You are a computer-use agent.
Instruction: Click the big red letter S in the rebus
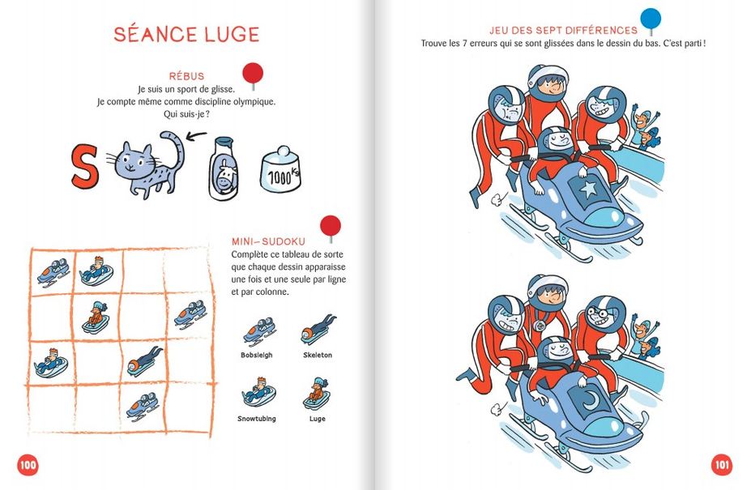coord(85,166)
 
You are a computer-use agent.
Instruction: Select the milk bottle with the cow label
coord(223,168)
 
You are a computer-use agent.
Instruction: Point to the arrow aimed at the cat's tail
coord(196,137)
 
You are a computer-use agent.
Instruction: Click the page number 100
coord(28,464)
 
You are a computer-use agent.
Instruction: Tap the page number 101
coord(722,464)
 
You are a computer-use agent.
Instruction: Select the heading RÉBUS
coord(186,76)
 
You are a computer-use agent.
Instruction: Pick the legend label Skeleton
coord(318,355)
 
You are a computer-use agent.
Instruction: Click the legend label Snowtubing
coord(257,419)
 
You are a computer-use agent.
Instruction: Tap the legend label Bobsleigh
coord(257,355)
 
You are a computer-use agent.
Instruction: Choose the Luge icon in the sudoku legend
coord(317,394)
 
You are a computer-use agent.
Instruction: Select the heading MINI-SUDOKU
coord(268,241)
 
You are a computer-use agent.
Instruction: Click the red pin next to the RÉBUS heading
coord(253,75)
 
